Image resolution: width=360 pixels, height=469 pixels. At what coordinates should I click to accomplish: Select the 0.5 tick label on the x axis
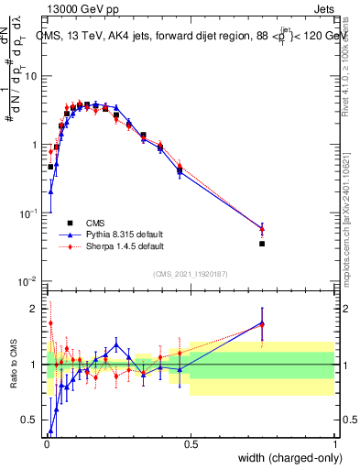pyautogui.click(x=191, y=444)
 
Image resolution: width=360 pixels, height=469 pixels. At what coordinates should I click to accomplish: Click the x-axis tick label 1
pyautogui.click(x=335, y=444)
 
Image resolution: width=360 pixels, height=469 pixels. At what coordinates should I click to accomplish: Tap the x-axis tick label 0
pyautogui.click(x=46, y=444)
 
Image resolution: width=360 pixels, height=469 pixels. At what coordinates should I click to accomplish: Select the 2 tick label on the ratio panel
pyautogui.click(x=37, y=309)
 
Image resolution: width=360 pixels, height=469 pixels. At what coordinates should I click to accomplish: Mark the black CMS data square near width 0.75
pyautogui.click(x=262, y=244)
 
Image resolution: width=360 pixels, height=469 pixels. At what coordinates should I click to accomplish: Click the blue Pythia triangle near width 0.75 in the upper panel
pyautogui.click(x=262, y=228)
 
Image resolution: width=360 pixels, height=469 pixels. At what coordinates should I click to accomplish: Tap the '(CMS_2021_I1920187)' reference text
pyautogui.click(x=191, y=272)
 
